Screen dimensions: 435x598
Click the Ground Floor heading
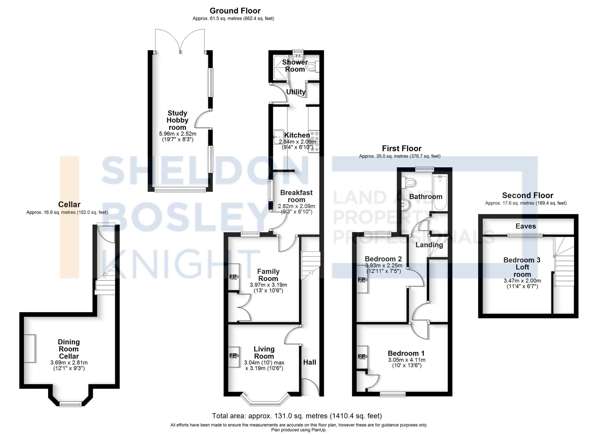click(x=235, y=11)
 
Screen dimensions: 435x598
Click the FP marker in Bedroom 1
click(x=361, y=356)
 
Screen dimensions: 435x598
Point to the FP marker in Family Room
click(x=233, y=277)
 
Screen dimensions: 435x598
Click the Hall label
click(x=309, y=362)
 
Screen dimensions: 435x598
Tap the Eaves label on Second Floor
click(x=526, y=226)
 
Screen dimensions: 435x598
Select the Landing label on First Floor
click(x=429, y=245)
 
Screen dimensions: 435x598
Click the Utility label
click(x=296, y=92)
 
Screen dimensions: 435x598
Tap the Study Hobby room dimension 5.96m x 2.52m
click(x=178, y=134)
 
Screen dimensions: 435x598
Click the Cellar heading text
click(x=69, y=204)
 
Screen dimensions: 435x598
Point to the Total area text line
click(x=297, y=416)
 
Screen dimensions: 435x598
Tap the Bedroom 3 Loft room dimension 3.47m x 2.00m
click(x=522, y=281)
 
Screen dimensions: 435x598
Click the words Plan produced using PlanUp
click(x=299, y=430)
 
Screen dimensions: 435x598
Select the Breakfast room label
click(x=296, y=196)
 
